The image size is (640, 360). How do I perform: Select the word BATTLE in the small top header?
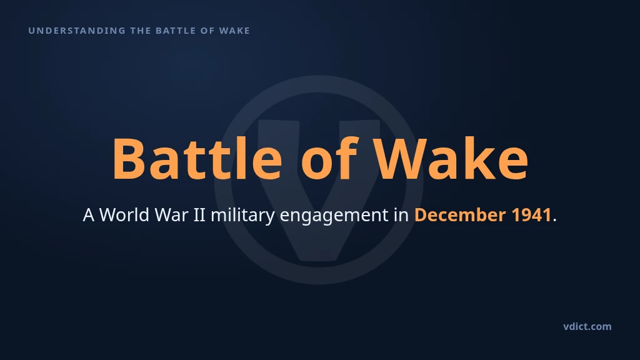176,31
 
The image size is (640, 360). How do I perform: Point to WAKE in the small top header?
234,31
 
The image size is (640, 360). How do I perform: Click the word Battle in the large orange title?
197,158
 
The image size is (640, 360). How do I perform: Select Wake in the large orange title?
451,157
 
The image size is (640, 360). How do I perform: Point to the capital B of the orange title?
129,159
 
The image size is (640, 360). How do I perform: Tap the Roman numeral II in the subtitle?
199,215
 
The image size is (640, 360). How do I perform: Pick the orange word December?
460,215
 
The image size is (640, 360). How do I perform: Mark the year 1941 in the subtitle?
531,215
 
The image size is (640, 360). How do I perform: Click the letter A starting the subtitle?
89,215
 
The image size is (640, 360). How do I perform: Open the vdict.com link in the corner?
587,326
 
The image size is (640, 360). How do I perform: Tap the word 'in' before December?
401,215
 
